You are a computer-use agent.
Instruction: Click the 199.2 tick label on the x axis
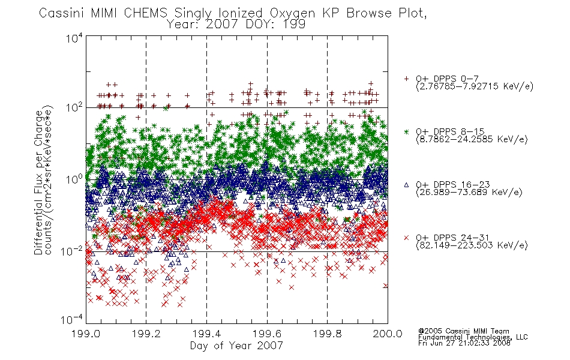(x=146, y=334)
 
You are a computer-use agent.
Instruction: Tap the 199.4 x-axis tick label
(x=207, y=334)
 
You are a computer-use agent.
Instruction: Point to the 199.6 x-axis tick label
(x=267, y=334)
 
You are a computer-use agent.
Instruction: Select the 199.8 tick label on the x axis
(x=328, y=334)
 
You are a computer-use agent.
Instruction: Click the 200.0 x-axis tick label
(x=388, y=334)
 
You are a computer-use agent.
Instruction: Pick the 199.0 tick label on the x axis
(x=86, y=334)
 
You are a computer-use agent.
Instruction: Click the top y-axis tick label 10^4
(x=74, y=38)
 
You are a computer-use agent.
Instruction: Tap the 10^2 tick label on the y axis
(x=74, y=108)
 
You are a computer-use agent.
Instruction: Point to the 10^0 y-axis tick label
(x=74, y=179)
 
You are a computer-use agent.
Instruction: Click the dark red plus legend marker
(x=406, y=79)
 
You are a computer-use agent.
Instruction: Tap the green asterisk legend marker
(x=406, y=131)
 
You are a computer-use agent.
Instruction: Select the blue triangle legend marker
(x=406, y=185)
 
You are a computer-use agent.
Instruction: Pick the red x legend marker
(x=406, y=238)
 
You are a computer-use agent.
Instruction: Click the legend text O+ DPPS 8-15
(x=451, y=131)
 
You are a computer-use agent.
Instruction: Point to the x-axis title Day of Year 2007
(x=236, y=346)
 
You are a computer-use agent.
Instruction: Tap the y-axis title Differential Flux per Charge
(x=38, y=182)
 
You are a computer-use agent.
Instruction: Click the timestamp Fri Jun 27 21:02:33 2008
(x=464, y=343)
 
